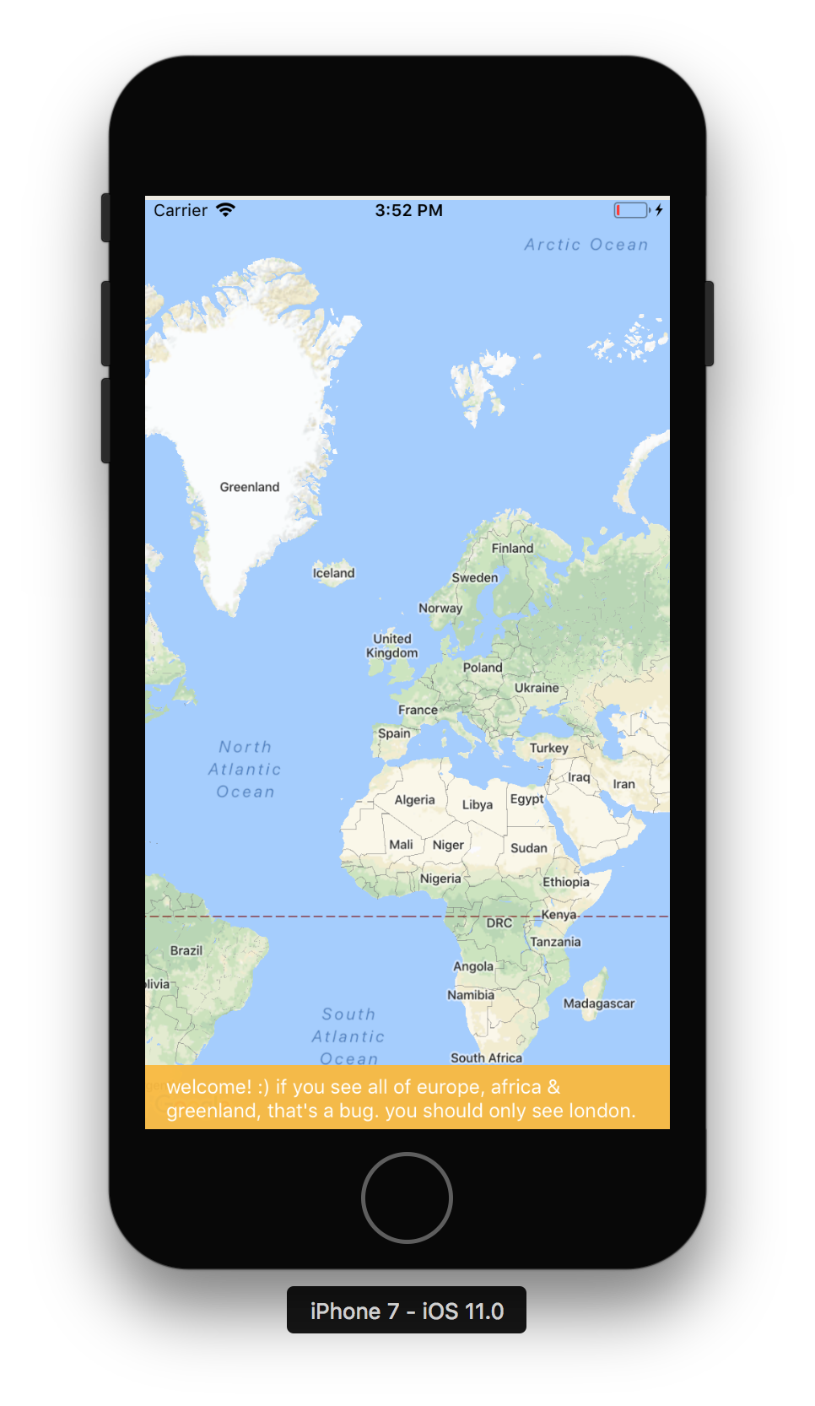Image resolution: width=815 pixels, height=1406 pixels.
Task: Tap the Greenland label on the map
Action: coord(249,487)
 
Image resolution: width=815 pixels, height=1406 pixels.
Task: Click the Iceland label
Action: coord(334,573)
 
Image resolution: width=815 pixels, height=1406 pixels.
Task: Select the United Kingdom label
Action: coord(392,646)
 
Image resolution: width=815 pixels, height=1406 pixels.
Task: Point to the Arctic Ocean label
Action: coord(586,245)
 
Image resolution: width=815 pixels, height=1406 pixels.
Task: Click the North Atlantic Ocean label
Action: coord(246,769)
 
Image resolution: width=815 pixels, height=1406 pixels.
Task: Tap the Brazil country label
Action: coord(186,950)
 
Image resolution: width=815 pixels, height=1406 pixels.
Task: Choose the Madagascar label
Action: coord(599,1003)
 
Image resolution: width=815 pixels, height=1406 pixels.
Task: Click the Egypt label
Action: coord(527,798)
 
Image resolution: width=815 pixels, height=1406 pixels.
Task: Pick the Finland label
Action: coord(513,548)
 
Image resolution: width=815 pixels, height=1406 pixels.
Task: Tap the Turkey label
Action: coord(549,748)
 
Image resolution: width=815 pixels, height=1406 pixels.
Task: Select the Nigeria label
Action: coord(440,879)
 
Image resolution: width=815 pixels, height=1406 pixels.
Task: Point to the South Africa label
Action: coord(486,1057)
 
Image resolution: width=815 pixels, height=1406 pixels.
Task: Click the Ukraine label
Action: coord(537,688)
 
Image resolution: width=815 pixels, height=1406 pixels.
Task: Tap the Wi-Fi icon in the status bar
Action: coord(225,210)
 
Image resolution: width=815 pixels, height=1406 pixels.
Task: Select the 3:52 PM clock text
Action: coord(408,210)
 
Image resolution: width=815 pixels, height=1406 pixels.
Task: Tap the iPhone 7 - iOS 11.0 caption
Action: coord(407,1311)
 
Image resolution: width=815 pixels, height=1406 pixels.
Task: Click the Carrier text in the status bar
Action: coord(181,210)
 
